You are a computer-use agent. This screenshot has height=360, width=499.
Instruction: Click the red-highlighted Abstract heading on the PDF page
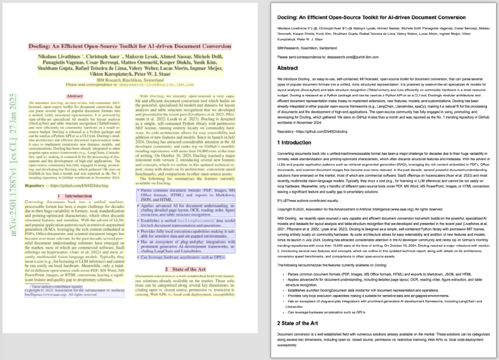coord(74,95)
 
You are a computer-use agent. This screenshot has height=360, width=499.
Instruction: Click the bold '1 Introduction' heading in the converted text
coord(297,143)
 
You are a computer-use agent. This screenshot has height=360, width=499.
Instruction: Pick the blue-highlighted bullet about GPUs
coord(182,257)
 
